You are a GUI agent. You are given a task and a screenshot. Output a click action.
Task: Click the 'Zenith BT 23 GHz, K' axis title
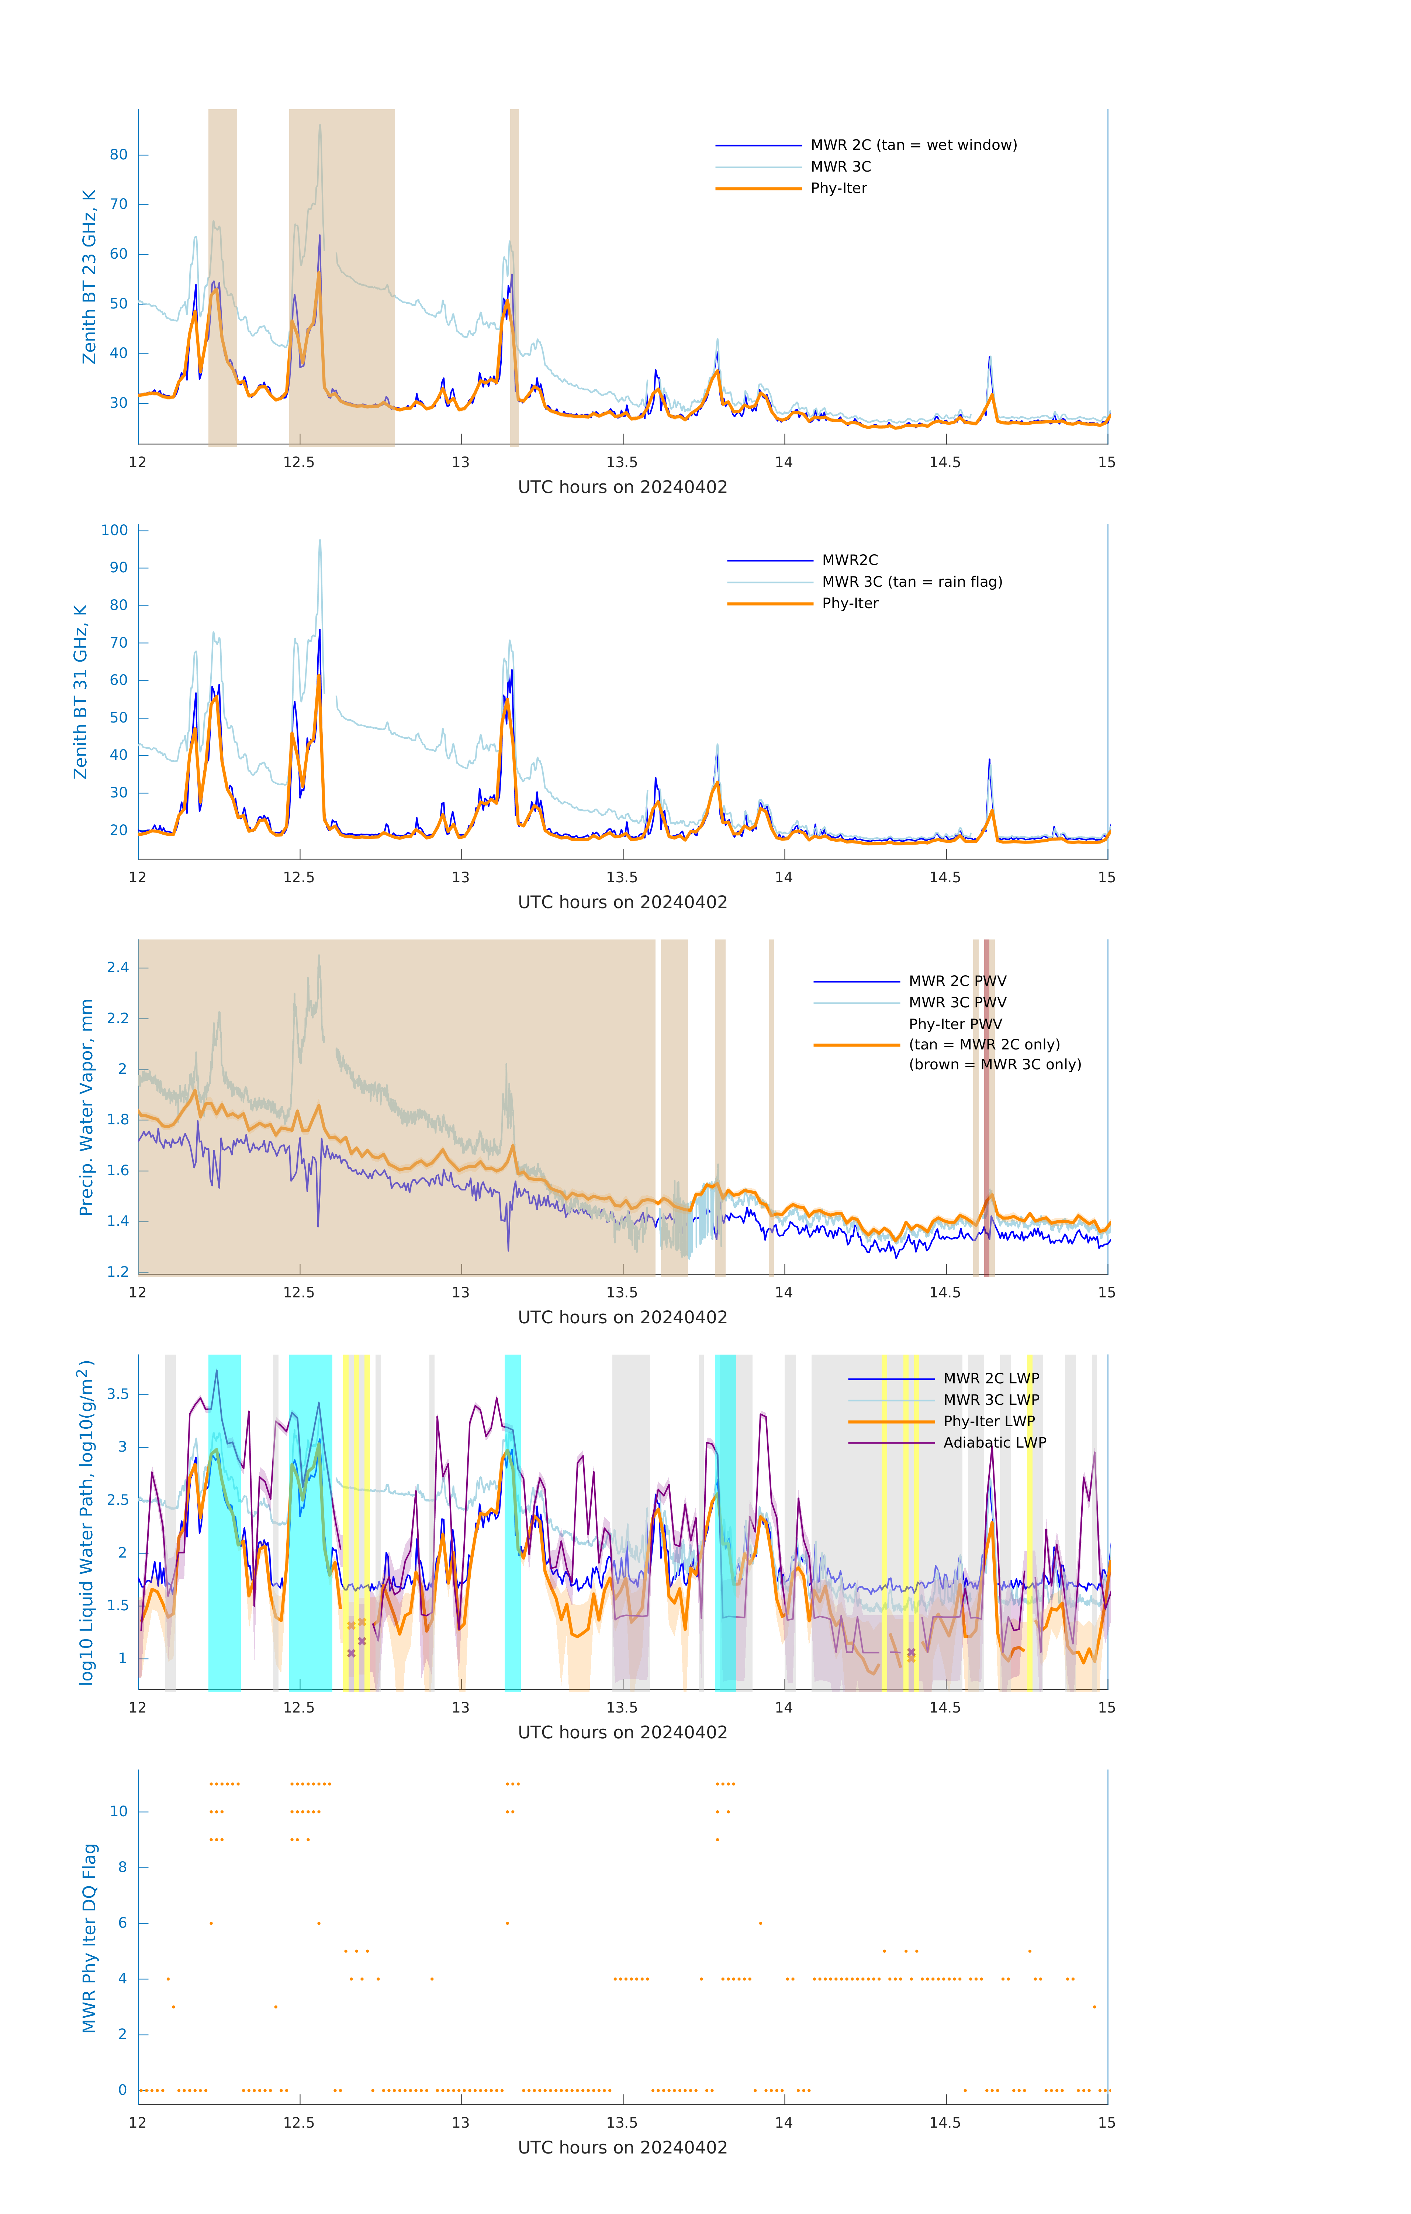coord(89,277)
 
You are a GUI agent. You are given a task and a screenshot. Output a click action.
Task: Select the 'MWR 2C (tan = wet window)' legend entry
coord(913,145)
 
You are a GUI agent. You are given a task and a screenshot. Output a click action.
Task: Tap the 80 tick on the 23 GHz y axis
coord(118,155)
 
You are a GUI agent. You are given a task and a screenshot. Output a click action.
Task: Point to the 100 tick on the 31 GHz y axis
coord(115,531)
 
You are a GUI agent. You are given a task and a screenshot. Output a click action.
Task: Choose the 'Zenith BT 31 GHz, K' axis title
coord(81,692)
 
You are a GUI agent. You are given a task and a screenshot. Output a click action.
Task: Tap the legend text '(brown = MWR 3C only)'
coord(995,1065)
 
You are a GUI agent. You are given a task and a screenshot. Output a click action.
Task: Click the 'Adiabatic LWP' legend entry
coord(994,1442)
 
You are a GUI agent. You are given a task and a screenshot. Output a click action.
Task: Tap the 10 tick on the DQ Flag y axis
coord(118,1811)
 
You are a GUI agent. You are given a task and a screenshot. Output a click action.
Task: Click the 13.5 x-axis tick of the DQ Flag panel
coord(622,2122)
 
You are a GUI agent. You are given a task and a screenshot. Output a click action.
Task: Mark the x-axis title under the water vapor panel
coord(622,1318)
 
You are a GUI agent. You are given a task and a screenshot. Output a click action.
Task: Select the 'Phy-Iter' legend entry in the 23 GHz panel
coord(838,189)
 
